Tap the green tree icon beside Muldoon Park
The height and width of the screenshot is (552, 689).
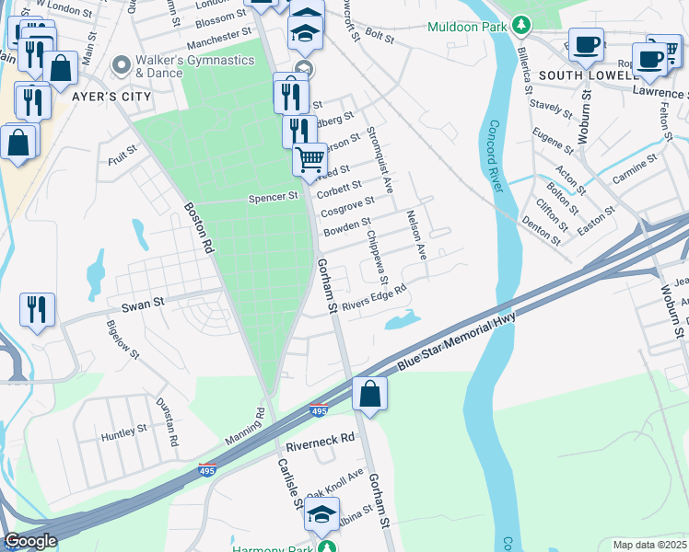click(521, 24)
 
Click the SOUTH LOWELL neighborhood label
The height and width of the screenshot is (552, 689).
click(585, 75)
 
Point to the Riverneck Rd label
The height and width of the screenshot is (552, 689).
click(320, 441)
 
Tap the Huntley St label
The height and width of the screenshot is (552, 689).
click(124, 430)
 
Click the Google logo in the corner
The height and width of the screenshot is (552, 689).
click(31, 541)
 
